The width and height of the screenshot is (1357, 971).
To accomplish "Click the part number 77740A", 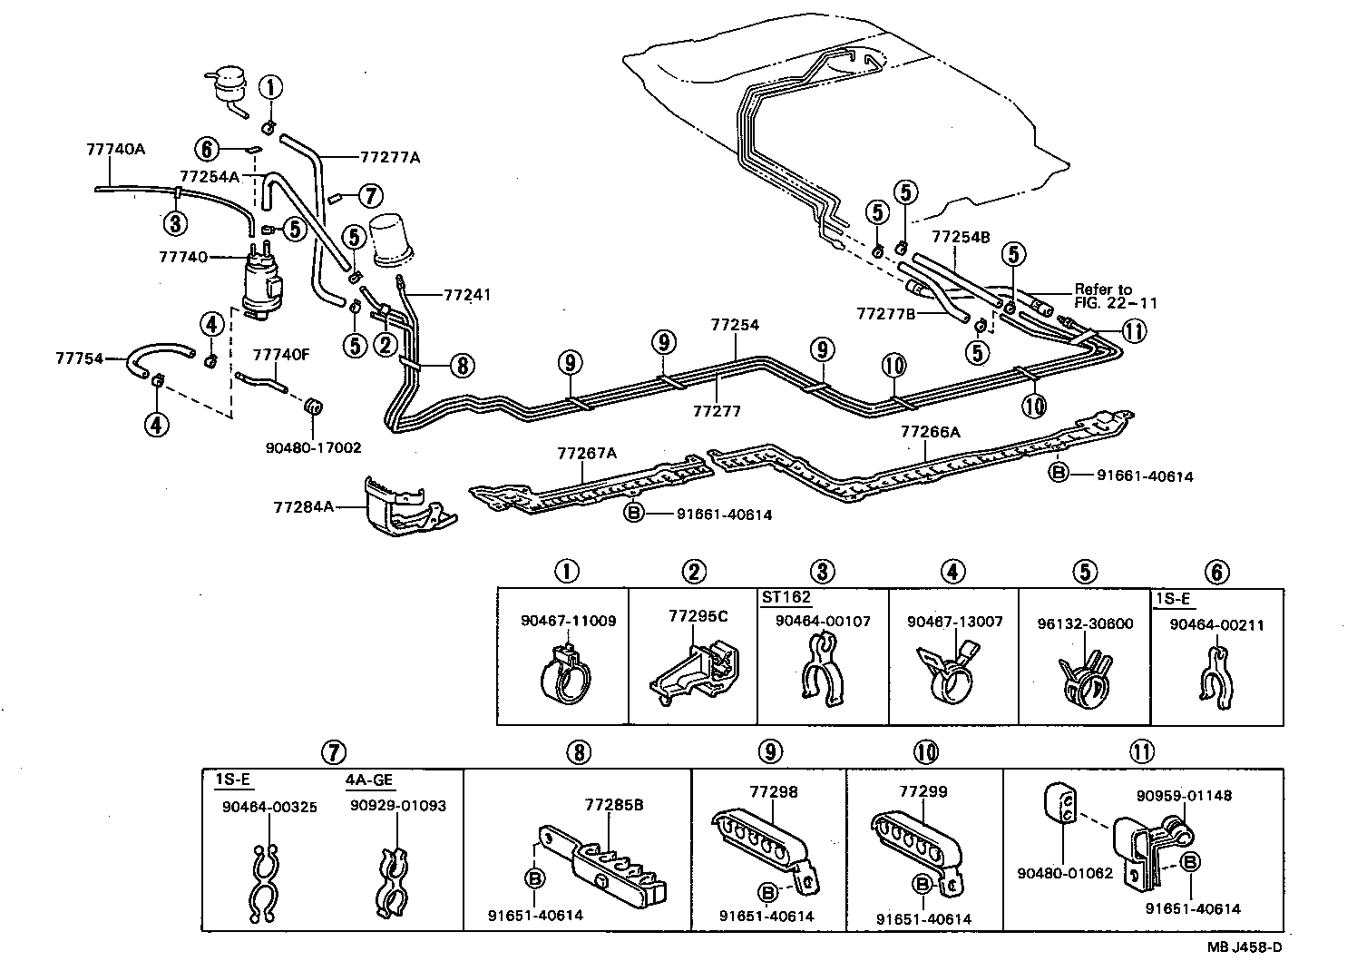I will pyautogui.click(x=115, y=148).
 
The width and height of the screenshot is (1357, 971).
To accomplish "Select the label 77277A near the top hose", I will pyautogui.click(x=390, y=157).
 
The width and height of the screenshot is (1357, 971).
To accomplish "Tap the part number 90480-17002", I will pyautogui.click(x=313, y=447).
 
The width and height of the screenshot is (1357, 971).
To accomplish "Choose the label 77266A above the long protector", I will pyautogui.click(x=930, y=432).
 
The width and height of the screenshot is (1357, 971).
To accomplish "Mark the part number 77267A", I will pyautogui.click(x=586, y=453).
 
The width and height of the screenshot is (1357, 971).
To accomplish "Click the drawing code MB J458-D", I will pyautogui.click(x=1245, y=946).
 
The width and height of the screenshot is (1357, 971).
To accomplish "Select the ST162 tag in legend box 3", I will pyautogui.click(x=786, y=597).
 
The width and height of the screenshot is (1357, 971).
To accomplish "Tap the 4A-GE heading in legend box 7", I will pyautogui.click(x=369, y=780).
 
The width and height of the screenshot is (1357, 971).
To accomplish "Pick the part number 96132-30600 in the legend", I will pyautogui.click(x=1085, y=623).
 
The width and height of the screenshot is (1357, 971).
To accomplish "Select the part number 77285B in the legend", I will pyautogui.click(x=614, y=804).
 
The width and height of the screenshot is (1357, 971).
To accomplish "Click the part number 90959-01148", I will pyautogui.click(x=1184, y=796).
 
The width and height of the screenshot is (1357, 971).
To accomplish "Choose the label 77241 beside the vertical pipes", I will pyautogui.click(x=467, y=295).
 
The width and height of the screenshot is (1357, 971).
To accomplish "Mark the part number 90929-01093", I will pyautogui.click(x=400, y=805).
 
